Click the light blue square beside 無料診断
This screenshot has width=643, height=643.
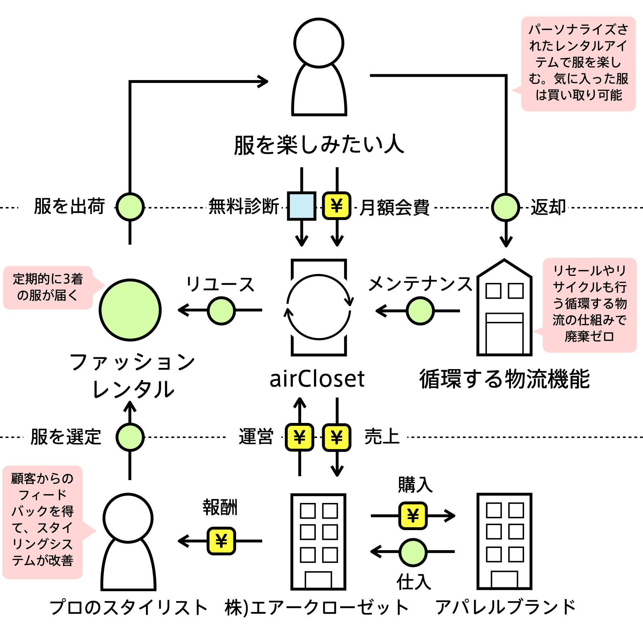pyautogui.click(x=301, y=206)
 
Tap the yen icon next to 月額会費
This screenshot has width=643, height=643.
pyautogui.click(x=337, y=206)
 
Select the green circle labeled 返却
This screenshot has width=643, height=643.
pyautogui.click(x=505, y=207)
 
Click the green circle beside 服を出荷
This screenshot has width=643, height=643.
pyautogui.click(x=130, y=207)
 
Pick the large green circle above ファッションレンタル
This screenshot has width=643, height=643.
pyautogui.click(x=130, y=310)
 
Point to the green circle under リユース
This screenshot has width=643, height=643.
pyautogui.click(x=221, y=310)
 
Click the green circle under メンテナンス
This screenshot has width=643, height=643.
pyautogui.click(x=420, y=311)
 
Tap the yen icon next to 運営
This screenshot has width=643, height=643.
pyautogui.click(x=299, y=437)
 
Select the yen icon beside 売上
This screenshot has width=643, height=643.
pyautogui.click(x=337, y=437)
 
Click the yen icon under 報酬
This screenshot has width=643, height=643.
pyautogui.click(x=221, y=541)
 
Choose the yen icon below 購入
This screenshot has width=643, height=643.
pyautogui.click(x=413, y=515)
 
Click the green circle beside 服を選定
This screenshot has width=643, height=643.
pyautogui.click(x=130, y=437)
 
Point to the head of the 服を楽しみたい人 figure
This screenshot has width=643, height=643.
pyautogui.click(x=319, y=43)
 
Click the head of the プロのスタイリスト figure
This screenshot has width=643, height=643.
pyautogui.click(x=128, y=518)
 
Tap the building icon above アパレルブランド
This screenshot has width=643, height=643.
pyautogui.click(x=504, y=541)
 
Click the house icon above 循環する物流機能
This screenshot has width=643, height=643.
pyautogui.click(x=504, y=307)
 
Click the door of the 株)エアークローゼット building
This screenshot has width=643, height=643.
pyautogui.click(x=318, y=580)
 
